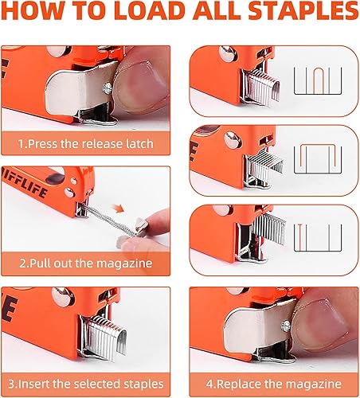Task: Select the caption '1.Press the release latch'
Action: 87,146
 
